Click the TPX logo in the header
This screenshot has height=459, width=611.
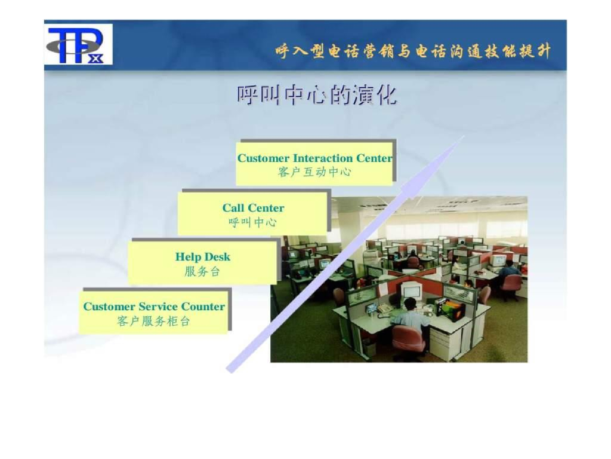(78, 45)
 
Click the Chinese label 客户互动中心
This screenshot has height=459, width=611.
(314, 172)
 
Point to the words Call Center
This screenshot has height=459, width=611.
(253, 208)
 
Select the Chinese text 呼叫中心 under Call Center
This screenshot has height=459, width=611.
(253, 222)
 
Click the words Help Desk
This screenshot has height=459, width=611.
(202, 257)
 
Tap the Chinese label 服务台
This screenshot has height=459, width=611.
(202, 271)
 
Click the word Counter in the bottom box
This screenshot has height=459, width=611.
(203, 307)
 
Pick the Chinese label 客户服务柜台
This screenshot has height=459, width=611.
(154, 321)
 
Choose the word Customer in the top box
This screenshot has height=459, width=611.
(264, 158)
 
